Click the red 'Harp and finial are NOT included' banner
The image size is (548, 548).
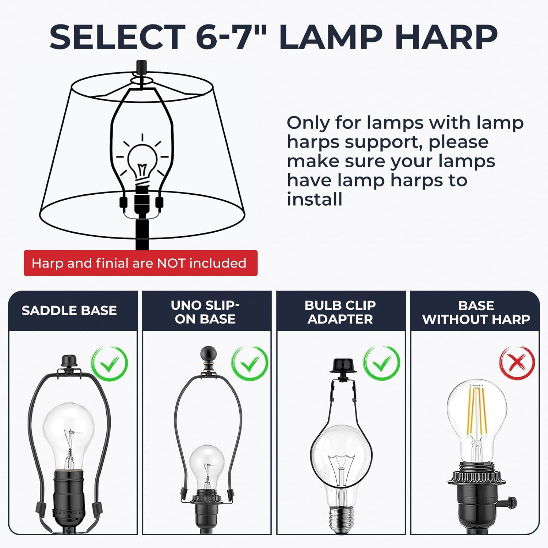(141, 263)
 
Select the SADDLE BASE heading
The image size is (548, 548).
(69, 311)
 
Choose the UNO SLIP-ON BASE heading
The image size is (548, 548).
(205, 312)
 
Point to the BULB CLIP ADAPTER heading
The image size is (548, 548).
(340, 312)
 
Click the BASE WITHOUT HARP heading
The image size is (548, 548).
(476, 312)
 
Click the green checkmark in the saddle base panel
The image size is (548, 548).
(109, 364)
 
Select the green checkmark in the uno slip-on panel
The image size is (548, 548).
(250, 364)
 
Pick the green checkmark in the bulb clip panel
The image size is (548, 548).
(381, 364)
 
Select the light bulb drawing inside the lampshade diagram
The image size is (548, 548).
(142, 161)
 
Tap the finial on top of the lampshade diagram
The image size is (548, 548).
(141, 67)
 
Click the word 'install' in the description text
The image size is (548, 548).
(315, 199)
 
